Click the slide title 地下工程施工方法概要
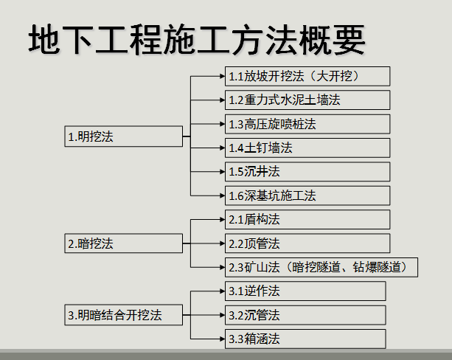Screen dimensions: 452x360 click(x=197, y=40)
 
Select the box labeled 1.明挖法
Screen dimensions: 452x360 click(x=124, y=136)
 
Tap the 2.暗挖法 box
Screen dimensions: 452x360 click(x=124, y=243)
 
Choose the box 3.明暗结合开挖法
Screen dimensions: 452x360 click(x=124, y=315)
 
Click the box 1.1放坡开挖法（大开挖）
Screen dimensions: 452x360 click(x=307, y=77)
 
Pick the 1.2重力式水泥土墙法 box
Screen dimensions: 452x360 click(x=307, y=100)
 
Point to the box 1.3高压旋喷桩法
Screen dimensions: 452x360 click(x=307, y=124)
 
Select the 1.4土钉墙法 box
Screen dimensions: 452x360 click(x=307, y=148)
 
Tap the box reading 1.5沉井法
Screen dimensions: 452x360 click(x=307, y=172)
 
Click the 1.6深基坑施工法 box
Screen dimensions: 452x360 click(x=307, y=195)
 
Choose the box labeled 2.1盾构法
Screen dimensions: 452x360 click(x=307, y=220)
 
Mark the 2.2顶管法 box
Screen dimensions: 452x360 click(x=307, y=243)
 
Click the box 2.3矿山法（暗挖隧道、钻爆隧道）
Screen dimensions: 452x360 click(x=321, y=267)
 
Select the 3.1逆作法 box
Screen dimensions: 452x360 click(x=305, y=291)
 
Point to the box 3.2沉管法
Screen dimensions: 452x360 click(x=305, y=315)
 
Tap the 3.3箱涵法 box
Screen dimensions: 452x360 click(x=305, y=339)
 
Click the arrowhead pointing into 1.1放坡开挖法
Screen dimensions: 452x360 click(x=222, y=76)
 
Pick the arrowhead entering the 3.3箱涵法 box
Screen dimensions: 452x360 click(x=222, y=339)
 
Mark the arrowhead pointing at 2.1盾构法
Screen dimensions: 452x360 click(x=222, y=220)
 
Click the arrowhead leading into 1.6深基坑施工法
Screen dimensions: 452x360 click(x=222, y=195)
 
